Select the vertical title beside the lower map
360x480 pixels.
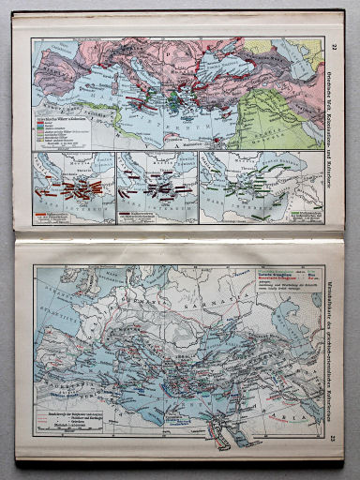click(x=336, y=347)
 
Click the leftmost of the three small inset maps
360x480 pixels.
click(x=73, y=187)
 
